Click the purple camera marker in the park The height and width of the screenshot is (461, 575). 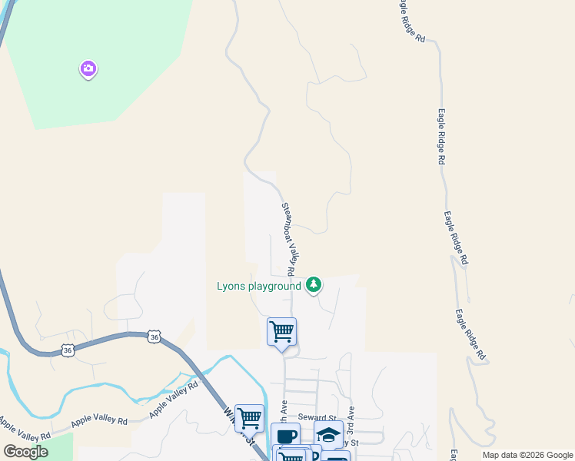pyautogui.click(x=88, y=69)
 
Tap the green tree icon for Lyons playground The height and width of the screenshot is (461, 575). pyautogui.click(x=313, y=285)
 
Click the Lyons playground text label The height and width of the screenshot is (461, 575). pyautogui.click(x=259, y=287)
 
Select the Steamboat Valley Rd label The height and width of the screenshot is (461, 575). pyautogui.click(x=288, y=238)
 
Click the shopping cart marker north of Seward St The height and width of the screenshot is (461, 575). pyautogui.click(x=281, y=332)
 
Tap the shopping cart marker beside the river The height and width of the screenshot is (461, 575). pyautogui.click(x=249, y=418)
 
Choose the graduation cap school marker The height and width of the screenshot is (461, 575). pyautogui.click(x=328, y=435)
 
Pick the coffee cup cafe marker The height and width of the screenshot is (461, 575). pyautogui.click(x=285, y=436)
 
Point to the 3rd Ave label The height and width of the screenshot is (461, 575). pyautogui.click(x=350, y=417)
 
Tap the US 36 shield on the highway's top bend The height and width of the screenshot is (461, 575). pyautogui.click(x=155, y=337)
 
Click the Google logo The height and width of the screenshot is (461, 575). pyautogui.click(x=25, y=452)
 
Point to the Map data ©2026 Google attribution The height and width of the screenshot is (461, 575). pyautogui.click(x=527, y=455)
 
